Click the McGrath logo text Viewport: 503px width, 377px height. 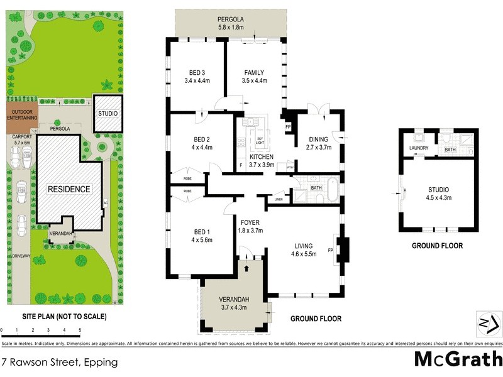458,359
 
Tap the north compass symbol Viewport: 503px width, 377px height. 489,323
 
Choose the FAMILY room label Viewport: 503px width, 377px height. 255,72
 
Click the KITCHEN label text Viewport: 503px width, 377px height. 261,156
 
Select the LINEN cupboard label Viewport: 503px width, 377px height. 279,200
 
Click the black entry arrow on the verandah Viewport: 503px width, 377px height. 247,268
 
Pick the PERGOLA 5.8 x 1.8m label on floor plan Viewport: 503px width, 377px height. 231,23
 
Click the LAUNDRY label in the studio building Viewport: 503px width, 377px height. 419,148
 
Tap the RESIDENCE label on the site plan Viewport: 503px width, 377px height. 69,188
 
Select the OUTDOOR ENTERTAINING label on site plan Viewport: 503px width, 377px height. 22,114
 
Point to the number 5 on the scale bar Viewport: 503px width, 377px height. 80,329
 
